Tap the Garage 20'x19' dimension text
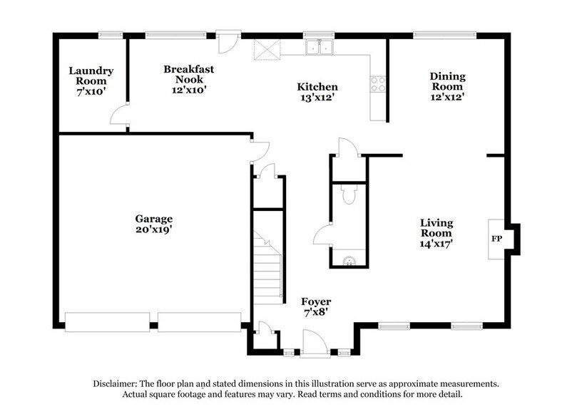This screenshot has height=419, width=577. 154,231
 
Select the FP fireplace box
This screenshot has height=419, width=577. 496,238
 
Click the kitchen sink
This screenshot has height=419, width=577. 320,48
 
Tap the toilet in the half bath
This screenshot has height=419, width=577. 349,195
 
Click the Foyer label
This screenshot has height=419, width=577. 315,301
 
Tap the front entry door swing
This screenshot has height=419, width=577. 315,346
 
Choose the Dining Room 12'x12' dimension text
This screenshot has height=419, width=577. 448,97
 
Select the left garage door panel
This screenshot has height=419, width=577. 107,322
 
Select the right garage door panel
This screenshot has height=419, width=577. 200,322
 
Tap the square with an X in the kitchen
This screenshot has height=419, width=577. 267,48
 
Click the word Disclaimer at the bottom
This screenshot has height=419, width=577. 116,383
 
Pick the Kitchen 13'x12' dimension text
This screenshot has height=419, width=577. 317,98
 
